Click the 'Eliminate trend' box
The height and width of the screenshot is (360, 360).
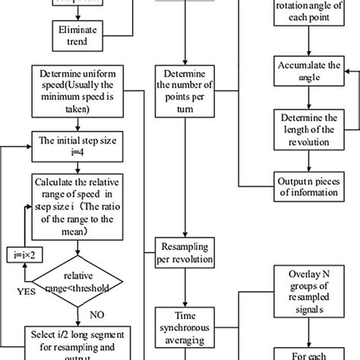click(75, 33)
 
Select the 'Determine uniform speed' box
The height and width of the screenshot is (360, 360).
click(75, 93)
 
